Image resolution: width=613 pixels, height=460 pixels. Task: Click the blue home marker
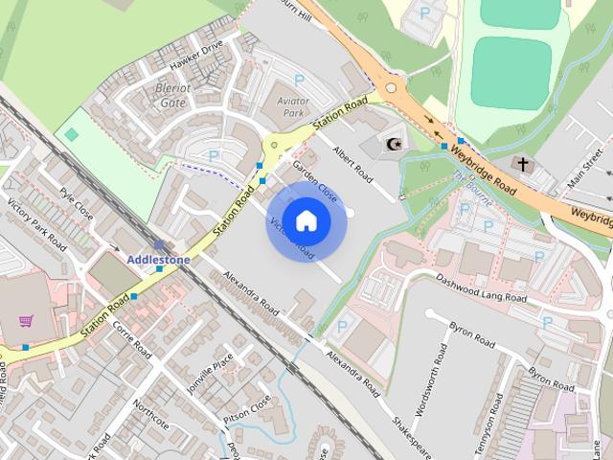305,221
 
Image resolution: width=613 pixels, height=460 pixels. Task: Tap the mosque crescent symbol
392,144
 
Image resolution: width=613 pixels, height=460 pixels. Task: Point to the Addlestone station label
158,259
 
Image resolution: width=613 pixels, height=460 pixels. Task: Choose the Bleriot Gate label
172,94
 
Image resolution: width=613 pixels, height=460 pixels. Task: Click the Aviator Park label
290,107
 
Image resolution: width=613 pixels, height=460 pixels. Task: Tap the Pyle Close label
76,203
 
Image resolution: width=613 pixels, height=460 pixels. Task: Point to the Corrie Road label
132,340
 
